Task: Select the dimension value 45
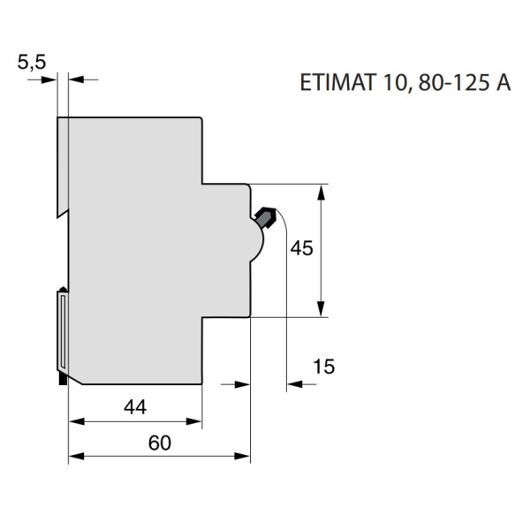coord(302,249)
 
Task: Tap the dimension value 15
coord(324,366)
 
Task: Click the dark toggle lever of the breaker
coord(266,216)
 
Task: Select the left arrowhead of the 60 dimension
coord(74,457)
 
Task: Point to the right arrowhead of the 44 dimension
coord(198,421)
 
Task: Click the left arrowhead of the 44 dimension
coord(74,421)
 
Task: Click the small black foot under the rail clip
coord(62,379)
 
